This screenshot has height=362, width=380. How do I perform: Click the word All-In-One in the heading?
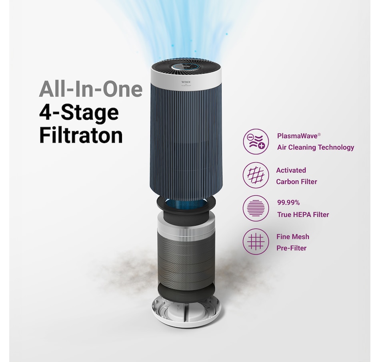click(x=90, y=89)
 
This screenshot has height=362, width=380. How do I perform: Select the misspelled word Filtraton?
click(x=81, y=136)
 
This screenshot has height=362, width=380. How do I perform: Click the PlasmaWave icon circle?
click(x=256, y=142)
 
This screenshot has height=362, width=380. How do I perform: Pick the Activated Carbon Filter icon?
click(x=256, y=175)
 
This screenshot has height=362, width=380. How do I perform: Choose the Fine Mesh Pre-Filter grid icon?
click(x=256, y=242)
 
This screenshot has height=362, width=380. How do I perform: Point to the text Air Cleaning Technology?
click(x=316, y=147)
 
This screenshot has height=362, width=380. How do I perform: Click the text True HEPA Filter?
click(x=303, y=214)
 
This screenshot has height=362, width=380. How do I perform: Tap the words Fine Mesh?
click(x=293, y=237)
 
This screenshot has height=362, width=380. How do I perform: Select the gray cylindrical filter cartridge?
click(x=186, y=257)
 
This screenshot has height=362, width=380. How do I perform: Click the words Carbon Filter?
click(x=296, y=182)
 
